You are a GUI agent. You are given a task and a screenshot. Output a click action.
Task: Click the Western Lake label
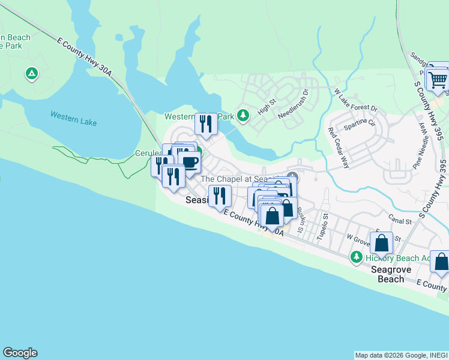73,118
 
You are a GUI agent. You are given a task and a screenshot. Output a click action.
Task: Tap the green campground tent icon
31,74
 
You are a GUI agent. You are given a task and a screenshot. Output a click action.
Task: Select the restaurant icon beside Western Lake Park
206,124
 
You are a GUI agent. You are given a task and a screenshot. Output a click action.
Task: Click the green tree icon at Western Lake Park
243,115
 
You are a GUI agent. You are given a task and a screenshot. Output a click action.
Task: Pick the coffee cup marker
189,161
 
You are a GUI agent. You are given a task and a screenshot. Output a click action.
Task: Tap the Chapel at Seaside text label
240,179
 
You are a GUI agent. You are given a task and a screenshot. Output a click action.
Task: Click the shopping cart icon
438,79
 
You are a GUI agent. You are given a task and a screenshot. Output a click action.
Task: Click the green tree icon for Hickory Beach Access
357,257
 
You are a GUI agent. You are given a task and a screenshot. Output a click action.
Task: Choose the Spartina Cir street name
359,125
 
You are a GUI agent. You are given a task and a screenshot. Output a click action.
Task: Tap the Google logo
20,353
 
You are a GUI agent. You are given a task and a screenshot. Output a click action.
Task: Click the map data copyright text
400,355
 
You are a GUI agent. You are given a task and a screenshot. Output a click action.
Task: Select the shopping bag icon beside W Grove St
381,243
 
